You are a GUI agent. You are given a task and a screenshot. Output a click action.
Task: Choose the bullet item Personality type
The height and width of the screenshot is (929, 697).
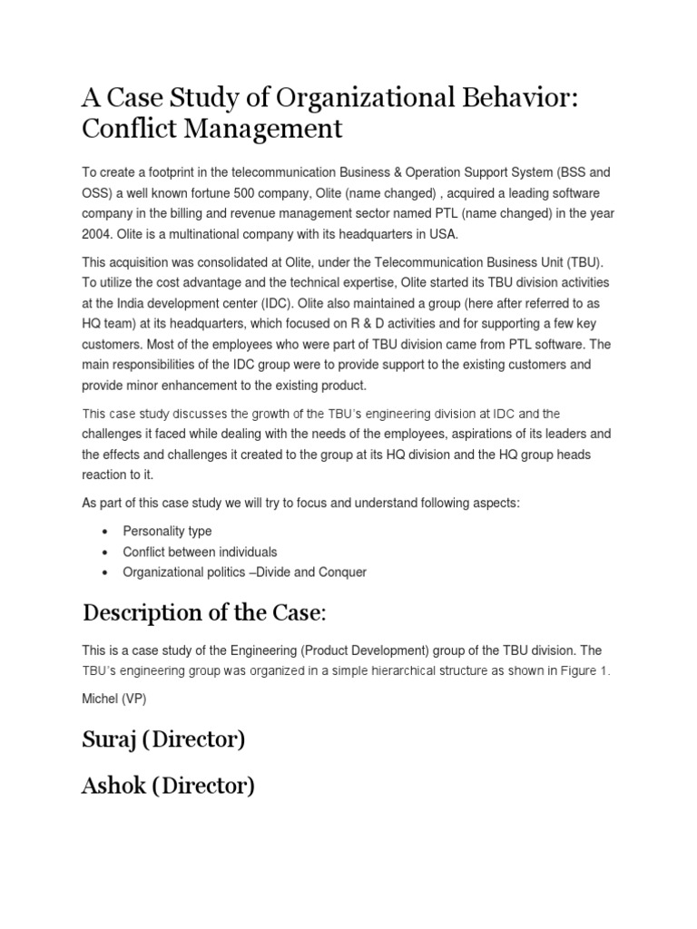click(167, 531)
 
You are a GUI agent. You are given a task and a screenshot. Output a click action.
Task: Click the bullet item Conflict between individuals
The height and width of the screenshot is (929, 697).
click(200, 552)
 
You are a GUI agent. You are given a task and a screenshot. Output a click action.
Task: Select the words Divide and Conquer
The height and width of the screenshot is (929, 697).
click(310, 572)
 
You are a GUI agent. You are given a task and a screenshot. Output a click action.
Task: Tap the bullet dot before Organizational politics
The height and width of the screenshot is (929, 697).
click(107, 572)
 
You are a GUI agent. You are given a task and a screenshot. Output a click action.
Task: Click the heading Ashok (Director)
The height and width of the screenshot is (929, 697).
click(168, 786)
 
